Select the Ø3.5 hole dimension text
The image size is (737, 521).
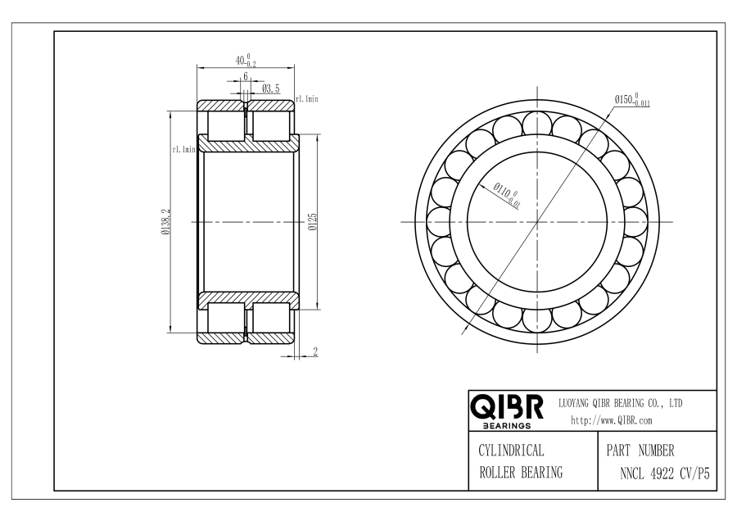click(x=271, y=88)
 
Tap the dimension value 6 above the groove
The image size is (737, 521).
click(x=246, y=76)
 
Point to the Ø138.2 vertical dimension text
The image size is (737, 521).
click(x=165, y=222)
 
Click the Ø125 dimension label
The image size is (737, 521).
click(x=313, y=221)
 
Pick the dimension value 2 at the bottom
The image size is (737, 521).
click(x=315, y=351)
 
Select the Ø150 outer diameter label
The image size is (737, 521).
click(x=631, y=100)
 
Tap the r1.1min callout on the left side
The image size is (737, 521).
click(x=183, y=150)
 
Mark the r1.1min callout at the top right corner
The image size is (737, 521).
click(x=307, y=99)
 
